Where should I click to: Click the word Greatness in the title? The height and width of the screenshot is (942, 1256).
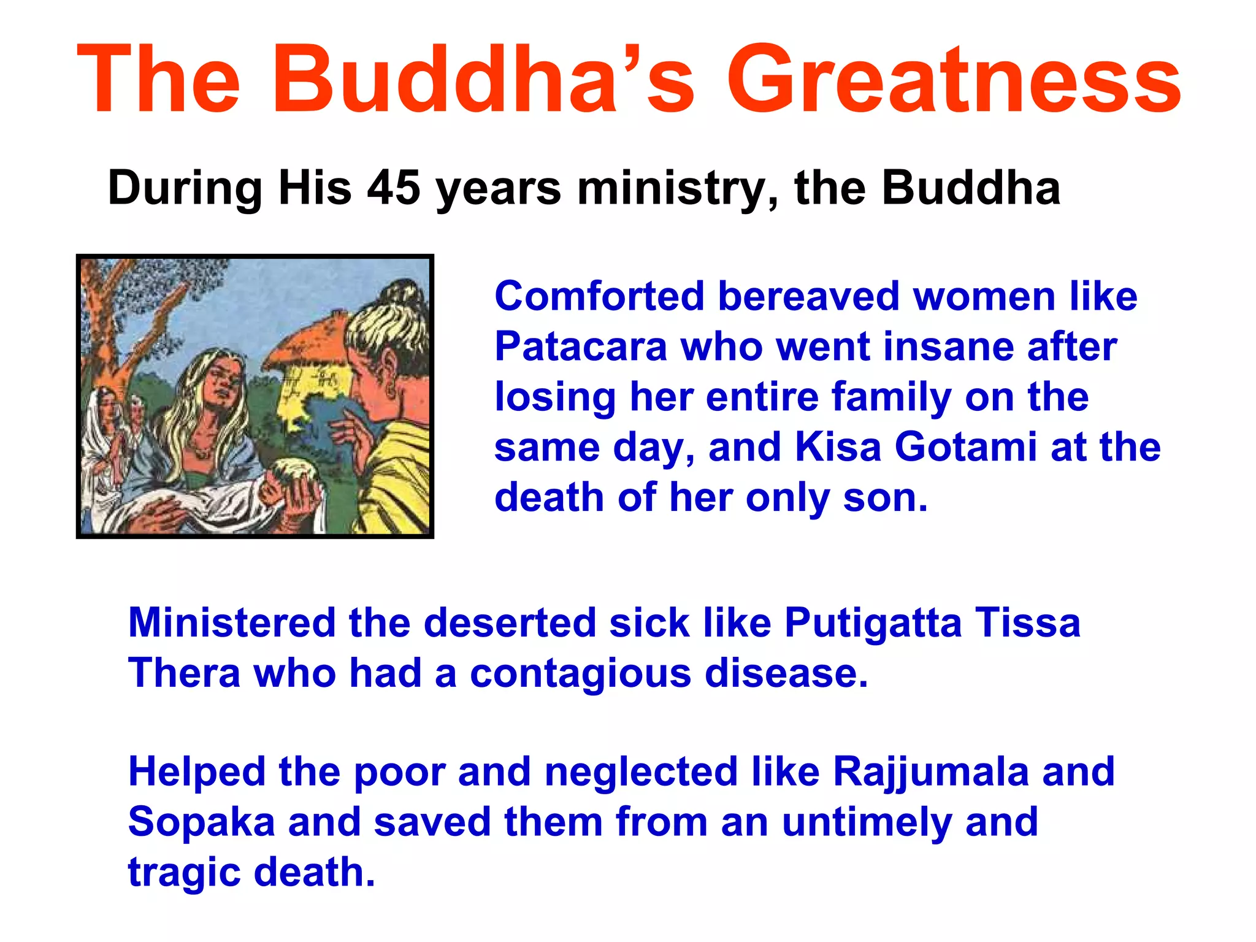pyautogui.click(x=953, y=80)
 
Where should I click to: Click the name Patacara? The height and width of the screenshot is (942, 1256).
pyautogui.click(x=580, y=347)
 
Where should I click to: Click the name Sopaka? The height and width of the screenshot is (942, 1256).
pyautogui.click(x=201, y=823)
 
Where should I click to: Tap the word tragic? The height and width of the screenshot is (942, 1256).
pyautogui.click(x=184, y=873)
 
